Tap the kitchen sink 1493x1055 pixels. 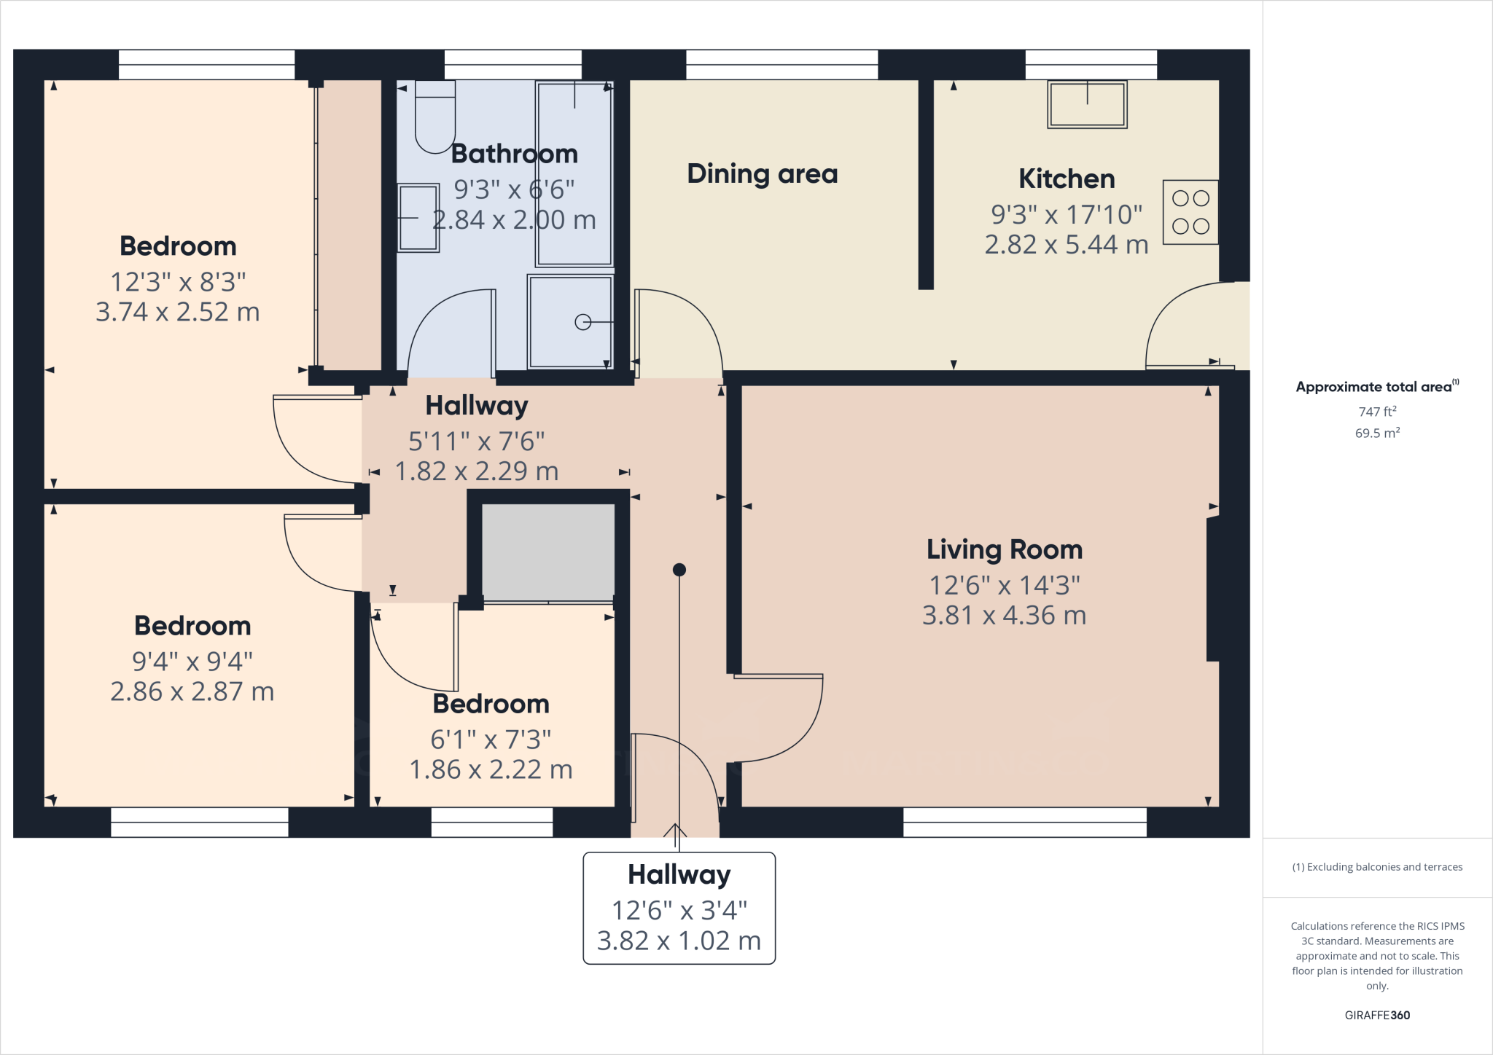(1087, 105)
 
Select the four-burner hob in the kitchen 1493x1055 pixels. (1190, 212)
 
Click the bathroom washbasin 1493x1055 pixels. (418, 217)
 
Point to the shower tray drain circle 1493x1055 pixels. (582, 321)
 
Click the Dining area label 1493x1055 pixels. (763, 174)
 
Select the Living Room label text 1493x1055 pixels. (1005, 549)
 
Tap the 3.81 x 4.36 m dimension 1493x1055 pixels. (1005, 616)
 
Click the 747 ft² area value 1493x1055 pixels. (1377, 412)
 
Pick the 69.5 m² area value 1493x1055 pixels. (1377, 433)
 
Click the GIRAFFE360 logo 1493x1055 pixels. (1377, 1015)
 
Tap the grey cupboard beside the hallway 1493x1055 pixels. (548, 552)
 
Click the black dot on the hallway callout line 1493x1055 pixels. (679, 570)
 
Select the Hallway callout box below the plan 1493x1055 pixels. (679, 908)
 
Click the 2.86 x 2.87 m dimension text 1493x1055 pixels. (192, 691)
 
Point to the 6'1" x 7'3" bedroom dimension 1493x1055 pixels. (491, 740)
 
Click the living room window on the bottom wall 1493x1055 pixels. (1024, 822)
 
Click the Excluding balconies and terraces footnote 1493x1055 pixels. (1377, 867)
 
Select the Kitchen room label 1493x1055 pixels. (1067, 179)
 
